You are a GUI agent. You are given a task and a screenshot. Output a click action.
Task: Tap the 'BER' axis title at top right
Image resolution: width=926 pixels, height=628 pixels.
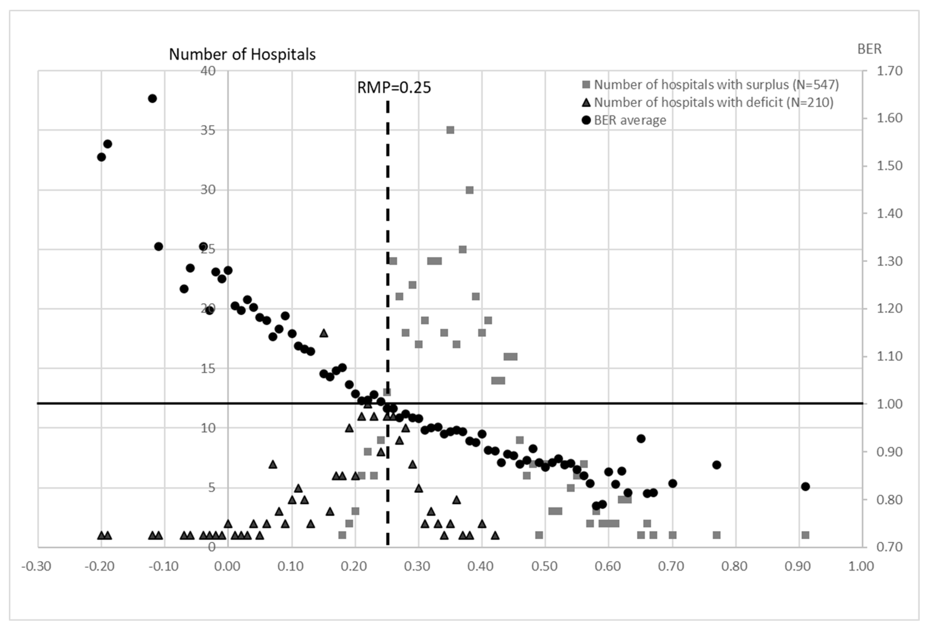pyautogui.click(x=869, y=49)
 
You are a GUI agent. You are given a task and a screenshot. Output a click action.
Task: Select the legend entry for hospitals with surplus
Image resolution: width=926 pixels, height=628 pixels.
pyautogui.click(x=716, y=85)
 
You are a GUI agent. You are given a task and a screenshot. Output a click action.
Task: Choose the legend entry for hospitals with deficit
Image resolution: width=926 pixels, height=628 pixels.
pyautogui.click(x=713, y=103)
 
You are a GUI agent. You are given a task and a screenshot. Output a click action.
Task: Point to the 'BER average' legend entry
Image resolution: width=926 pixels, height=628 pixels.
pyautogui.click(x=630, y=120)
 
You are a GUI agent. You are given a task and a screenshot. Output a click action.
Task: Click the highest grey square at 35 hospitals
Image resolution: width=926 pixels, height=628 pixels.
pyautogui.click(x=450, y=130)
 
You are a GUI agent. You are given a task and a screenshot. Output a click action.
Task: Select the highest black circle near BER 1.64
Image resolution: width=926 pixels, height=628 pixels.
pyautogui.click(x=152, y=98)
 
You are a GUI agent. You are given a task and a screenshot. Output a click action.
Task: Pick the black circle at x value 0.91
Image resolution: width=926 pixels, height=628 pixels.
pyautogui.click(x=805, y=486)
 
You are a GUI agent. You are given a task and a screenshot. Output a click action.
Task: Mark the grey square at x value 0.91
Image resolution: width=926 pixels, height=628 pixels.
pyautogui.click(x=805, y=535)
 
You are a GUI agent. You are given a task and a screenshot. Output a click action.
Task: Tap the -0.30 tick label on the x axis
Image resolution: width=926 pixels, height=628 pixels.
pyautogui.click(x=36, y=566)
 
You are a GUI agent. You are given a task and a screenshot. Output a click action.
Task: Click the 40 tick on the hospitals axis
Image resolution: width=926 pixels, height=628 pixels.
pyautogui.click(x=208, y=71)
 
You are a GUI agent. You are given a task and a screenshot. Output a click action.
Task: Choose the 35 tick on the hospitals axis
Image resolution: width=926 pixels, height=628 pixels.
pyautogui.click(x=208, y=131)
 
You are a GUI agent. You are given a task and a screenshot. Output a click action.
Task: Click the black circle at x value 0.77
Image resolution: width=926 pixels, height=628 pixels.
pyautogui.click(x=716, y=465)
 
